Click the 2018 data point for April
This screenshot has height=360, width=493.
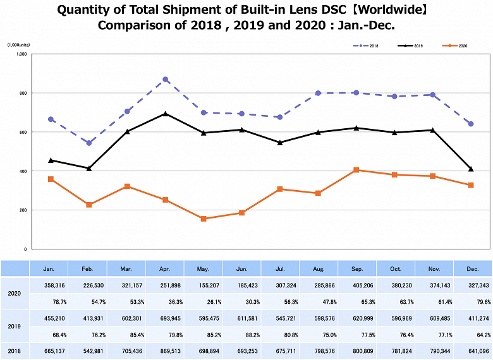165,80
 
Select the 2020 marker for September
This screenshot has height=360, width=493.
356,170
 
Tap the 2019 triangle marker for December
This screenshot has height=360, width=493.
471,169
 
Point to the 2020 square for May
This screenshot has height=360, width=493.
204,219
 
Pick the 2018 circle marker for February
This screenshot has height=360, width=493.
89,143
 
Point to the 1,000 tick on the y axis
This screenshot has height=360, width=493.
21,54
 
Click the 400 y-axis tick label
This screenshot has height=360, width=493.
22,171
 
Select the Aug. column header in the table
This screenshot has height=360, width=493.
318,268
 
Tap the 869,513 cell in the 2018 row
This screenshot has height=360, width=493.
164,351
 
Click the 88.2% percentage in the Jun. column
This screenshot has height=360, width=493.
241,334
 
